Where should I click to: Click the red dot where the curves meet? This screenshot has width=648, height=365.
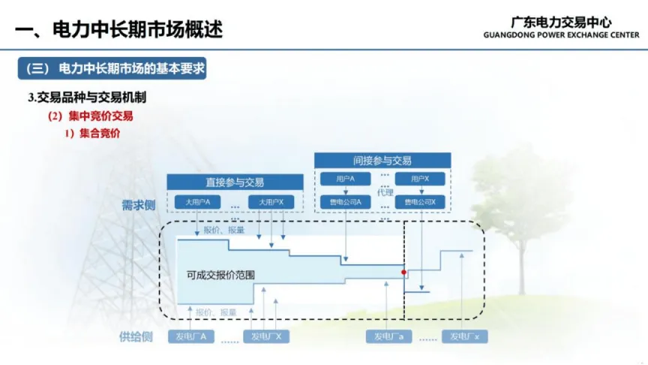click(403, 272)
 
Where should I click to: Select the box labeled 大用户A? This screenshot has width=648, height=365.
click(197, 202)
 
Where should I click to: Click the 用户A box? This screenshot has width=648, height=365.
click(345, 179)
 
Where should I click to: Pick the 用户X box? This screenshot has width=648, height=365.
click(419, 179)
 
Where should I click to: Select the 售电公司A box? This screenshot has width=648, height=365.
click(345, 201)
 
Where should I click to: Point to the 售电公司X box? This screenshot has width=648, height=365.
click(419, 201)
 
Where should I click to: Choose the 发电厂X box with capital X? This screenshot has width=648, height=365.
click(266, 336)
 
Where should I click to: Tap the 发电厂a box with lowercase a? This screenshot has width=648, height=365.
click(389, 336)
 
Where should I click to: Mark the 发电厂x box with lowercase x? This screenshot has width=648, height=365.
click(465, 336)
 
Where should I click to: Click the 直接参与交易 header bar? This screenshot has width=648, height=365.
click(235, 182)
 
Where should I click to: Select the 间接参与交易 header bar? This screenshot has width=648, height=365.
click(382, 160)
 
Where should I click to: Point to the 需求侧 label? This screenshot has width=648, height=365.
click(137, 204)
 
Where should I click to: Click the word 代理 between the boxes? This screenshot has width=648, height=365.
click(385, 192)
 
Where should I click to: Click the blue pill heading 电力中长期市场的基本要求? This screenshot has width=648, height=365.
click(112, 68)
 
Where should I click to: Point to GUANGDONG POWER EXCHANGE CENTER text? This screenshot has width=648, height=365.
click(562, 35)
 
